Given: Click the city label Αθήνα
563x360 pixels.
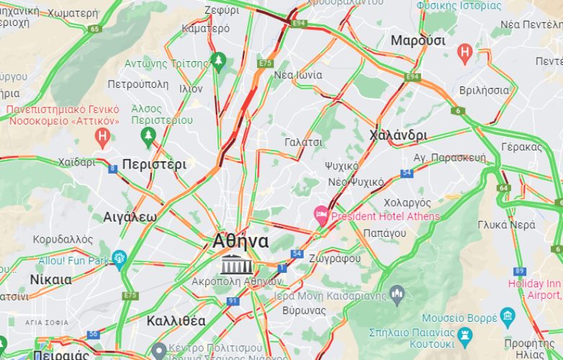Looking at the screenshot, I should (x=240, y=242).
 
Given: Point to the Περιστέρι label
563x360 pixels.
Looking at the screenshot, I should (x=154, y=164).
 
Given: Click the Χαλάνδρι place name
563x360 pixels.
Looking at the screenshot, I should (x=397, y=135).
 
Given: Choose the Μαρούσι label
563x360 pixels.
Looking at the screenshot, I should (x=418, y=40).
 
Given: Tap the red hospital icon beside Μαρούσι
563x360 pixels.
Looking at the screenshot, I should (x=465, y=52).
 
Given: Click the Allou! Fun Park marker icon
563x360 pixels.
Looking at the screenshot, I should (x=120, y=258).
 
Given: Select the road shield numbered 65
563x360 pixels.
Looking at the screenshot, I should (x=95, y=29).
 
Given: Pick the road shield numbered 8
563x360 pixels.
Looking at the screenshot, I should (x=112, y=168).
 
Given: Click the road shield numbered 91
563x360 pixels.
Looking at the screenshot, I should (x=232, y=300).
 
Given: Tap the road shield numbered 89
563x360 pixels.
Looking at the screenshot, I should (x=520, y=271).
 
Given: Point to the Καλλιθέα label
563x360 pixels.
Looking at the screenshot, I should (x=175, y=320).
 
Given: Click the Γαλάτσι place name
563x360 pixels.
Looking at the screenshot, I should (x=303, y=142).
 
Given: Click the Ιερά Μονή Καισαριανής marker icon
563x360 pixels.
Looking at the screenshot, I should (x=397, y=293).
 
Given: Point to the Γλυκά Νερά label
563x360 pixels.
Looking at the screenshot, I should (x=506, y=225).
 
